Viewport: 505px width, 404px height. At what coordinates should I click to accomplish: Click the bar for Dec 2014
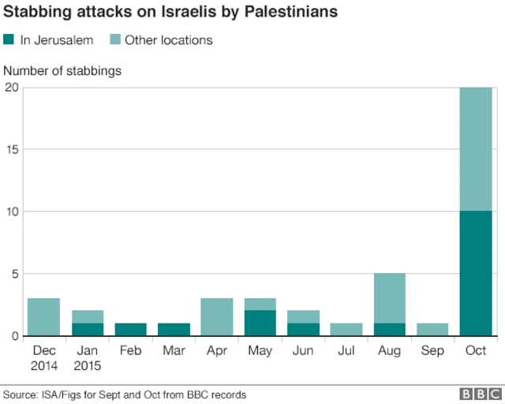pyautogui.click(x=44, y=317)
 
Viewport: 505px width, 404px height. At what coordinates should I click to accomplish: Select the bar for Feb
pyautogui.click(x=130, y=330)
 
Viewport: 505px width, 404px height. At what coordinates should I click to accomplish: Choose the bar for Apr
pyautogui.click(x=216, y=317)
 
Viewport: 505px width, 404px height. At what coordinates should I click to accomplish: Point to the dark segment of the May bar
pyautogui.click(x=260, y=324)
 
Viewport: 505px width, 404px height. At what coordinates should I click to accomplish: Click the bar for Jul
pyautogui.click(x=346, y=330)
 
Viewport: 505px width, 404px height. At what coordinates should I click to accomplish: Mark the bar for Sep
pyautogui.click(x=432, y=330)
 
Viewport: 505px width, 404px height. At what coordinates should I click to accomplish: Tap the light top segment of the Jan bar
pyautogui.click(x=88, y=317)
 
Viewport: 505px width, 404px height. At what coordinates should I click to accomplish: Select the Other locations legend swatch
pyautogui.click(x=113, y=39)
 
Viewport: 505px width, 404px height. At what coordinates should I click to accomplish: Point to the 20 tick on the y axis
pyautogui.click(x=11, y=88)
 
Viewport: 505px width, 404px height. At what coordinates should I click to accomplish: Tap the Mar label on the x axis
pyautogui.click(x=174, y=350)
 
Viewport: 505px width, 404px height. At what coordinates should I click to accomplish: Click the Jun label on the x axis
pyautogui.click(x=302, y=350)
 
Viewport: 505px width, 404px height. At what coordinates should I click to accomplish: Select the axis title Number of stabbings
pyautogui.click(x=62, y=71)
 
